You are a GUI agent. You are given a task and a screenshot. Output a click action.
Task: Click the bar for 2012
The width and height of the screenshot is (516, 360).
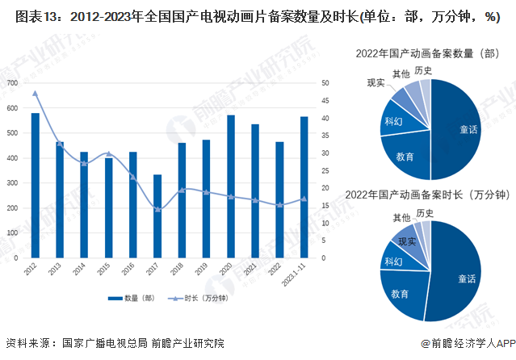click(x=35, y=186)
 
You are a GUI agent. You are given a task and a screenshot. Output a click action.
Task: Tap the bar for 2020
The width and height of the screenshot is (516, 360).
click(x=231, y=186)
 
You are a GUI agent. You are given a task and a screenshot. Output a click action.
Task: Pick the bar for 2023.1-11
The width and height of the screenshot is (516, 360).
click(x=304, y=187)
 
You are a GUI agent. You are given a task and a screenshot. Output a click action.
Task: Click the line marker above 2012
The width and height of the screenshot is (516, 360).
click(x=35, y=93)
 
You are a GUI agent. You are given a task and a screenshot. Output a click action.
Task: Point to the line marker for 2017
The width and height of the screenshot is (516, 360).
click(x=157, y=209)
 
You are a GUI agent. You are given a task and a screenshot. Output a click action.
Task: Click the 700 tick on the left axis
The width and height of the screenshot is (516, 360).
click(x=12, y=83)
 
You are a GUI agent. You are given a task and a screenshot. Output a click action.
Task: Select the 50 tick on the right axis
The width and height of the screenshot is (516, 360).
click(x=325, y=83)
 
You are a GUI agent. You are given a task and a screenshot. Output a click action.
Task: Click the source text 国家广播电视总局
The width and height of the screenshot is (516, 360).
click(x=94, y=343)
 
